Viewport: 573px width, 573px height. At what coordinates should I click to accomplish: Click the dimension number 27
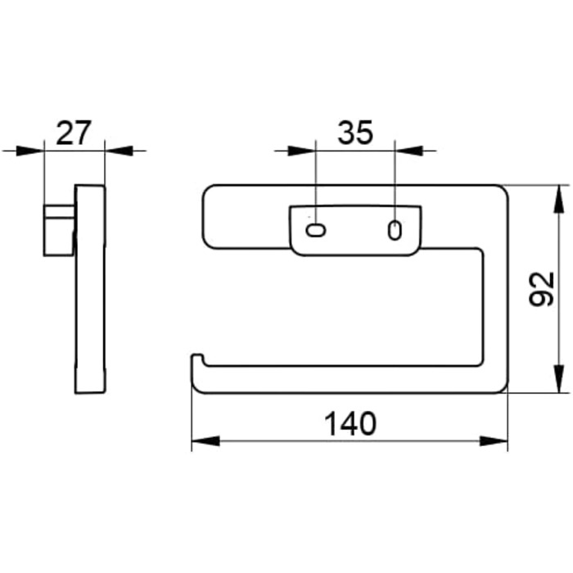pyautogui.click(x=74, y=133)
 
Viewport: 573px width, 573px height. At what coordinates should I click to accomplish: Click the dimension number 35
pyautogui.click(x=354, y=133)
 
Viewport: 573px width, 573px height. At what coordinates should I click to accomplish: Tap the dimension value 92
pyautogui.click(x=542, y=289)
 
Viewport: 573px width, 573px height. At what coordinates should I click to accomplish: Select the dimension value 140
pyautogui.click(x=350, y=424)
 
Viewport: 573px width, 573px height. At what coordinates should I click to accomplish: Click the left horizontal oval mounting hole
pyautogui.click(x=315, y=231)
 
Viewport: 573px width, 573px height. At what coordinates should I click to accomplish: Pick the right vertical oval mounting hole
pyautogui.click(x=395, y=231)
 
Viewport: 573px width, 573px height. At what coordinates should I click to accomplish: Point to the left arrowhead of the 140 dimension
pyautogui.click(x=205, y=441)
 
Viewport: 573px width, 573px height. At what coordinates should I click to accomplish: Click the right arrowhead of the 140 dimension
pyautogui.click(x=494, y=441)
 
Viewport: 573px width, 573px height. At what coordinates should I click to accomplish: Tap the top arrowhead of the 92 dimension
pyautogui.click(x=558, y=199)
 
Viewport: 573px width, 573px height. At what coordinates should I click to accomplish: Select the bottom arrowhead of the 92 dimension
pyautogui.click(x=558, y=379)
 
